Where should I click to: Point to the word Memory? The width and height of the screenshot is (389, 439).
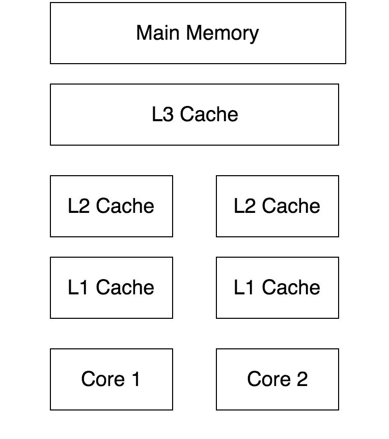[222, 34]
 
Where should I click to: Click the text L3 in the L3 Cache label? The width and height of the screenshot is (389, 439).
[163, 114]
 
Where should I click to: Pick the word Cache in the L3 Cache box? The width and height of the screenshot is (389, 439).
[209, 114]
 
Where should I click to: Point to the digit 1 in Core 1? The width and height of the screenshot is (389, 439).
[135, 379]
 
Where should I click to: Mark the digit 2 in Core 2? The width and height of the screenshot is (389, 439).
[302, 379]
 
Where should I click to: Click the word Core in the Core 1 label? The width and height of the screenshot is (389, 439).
[103, 379]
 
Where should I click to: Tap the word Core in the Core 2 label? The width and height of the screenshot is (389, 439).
[269, 379]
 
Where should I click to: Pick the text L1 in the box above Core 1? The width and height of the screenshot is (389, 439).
[78, 287]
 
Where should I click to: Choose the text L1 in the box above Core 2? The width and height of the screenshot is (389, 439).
[244, 287]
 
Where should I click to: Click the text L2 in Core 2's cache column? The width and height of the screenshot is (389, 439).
[244, 206]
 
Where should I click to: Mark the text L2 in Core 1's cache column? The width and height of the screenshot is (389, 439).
[78, 206]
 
